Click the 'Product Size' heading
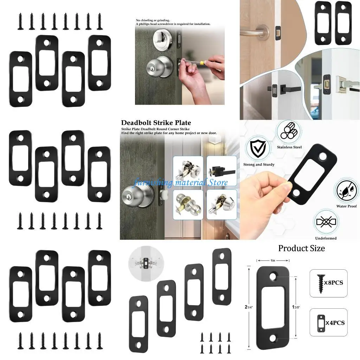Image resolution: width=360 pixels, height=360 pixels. pyautogui.click(x=301, y=248)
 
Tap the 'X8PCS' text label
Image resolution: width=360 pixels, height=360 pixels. pyautogui.click(x=334, y=283)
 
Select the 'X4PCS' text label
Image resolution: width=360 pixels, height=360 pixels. pyautogui.click(x=334, y=322)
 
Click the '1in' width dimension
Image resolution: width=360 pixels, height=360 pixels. pyautogui.click(x=273, y=261)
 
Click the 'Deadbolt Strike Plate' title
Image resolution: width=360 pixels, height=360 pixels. pyautogui.click(x=156, y=123)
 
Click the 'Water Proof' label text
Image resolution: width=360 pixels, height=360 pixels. pyautogui.click(x=346, y=206)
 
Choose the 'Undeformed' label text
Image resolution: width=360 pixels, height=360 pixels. pyautogui.click(x=326, y=238)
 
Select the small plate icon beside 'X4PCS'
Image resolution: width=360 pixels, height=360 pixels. pyautogui.click(x=321, y=322)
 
